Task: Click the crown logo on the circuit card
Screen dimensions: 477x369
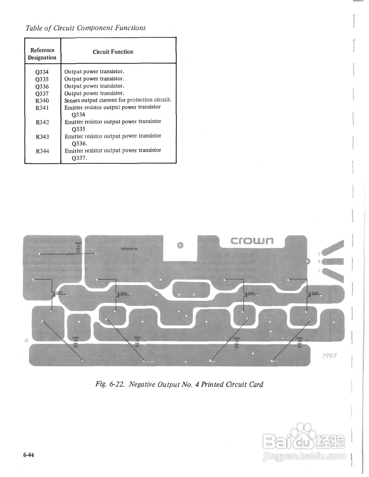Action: pyautogui.click(x=252, y=241)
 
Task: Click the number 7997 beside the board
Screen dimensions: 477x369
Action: pyautogui.click(x=329, y=356)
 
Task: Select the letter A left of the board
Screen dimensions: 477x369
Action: pyautogui.click(x=26, y=340)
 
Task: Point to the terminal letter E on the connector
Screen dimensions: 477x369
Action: pyautogui.click(x=319, y=254)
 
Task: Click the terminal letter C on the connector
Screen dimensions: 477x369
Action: pyautogui.click(x=319, y=271)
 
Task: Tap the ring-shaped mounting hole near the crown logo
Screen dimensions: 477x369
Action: pyautogui.click(x=180, y=245)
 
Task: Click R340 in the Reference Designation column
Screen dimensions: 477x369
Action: pyautogui.click(x=42, y=101)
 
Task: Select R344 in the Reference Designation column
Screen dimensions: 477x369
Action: pyautogui.click(x=42, y=151)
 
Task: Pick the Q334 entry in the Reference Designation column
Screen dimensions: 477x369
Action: pyautogui.click(x=42, y=72)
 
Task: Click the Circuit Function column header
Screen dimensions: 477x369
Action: pyautogui.click(x=113, y=52)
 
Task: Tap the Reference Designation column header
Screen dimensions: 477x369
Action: pyautogui.click(x=42, y=54)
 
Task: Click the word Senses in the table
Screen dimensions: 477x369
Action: pyautogui.click(x=72, y=100)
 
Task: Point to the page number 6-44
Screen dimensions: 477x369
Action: pyautogui.click(x=29, y=455)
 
